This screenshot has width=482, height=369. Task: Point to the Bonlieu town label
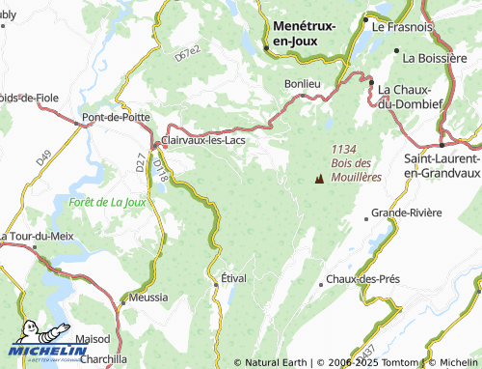click(302, 84)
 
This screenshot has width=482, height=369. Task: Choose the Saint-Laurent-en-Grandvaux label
click(442, 165)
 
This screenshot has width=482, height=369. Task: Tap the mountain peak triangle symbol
click(319, 178)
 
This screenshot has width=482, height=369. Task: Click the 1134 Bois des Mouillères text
click(356, 163)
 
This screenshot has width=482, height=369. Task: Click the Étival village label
click(234, 278)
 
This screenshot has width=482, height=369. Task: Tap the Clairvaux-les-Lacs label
click(206, 140)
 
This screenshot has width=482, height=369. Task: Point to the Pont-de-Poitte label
click(115, 118)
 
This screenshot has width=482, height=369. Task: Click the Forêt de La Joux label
click(107, 202)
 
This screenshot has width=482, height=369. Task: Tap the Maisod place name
click(91, 340)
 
